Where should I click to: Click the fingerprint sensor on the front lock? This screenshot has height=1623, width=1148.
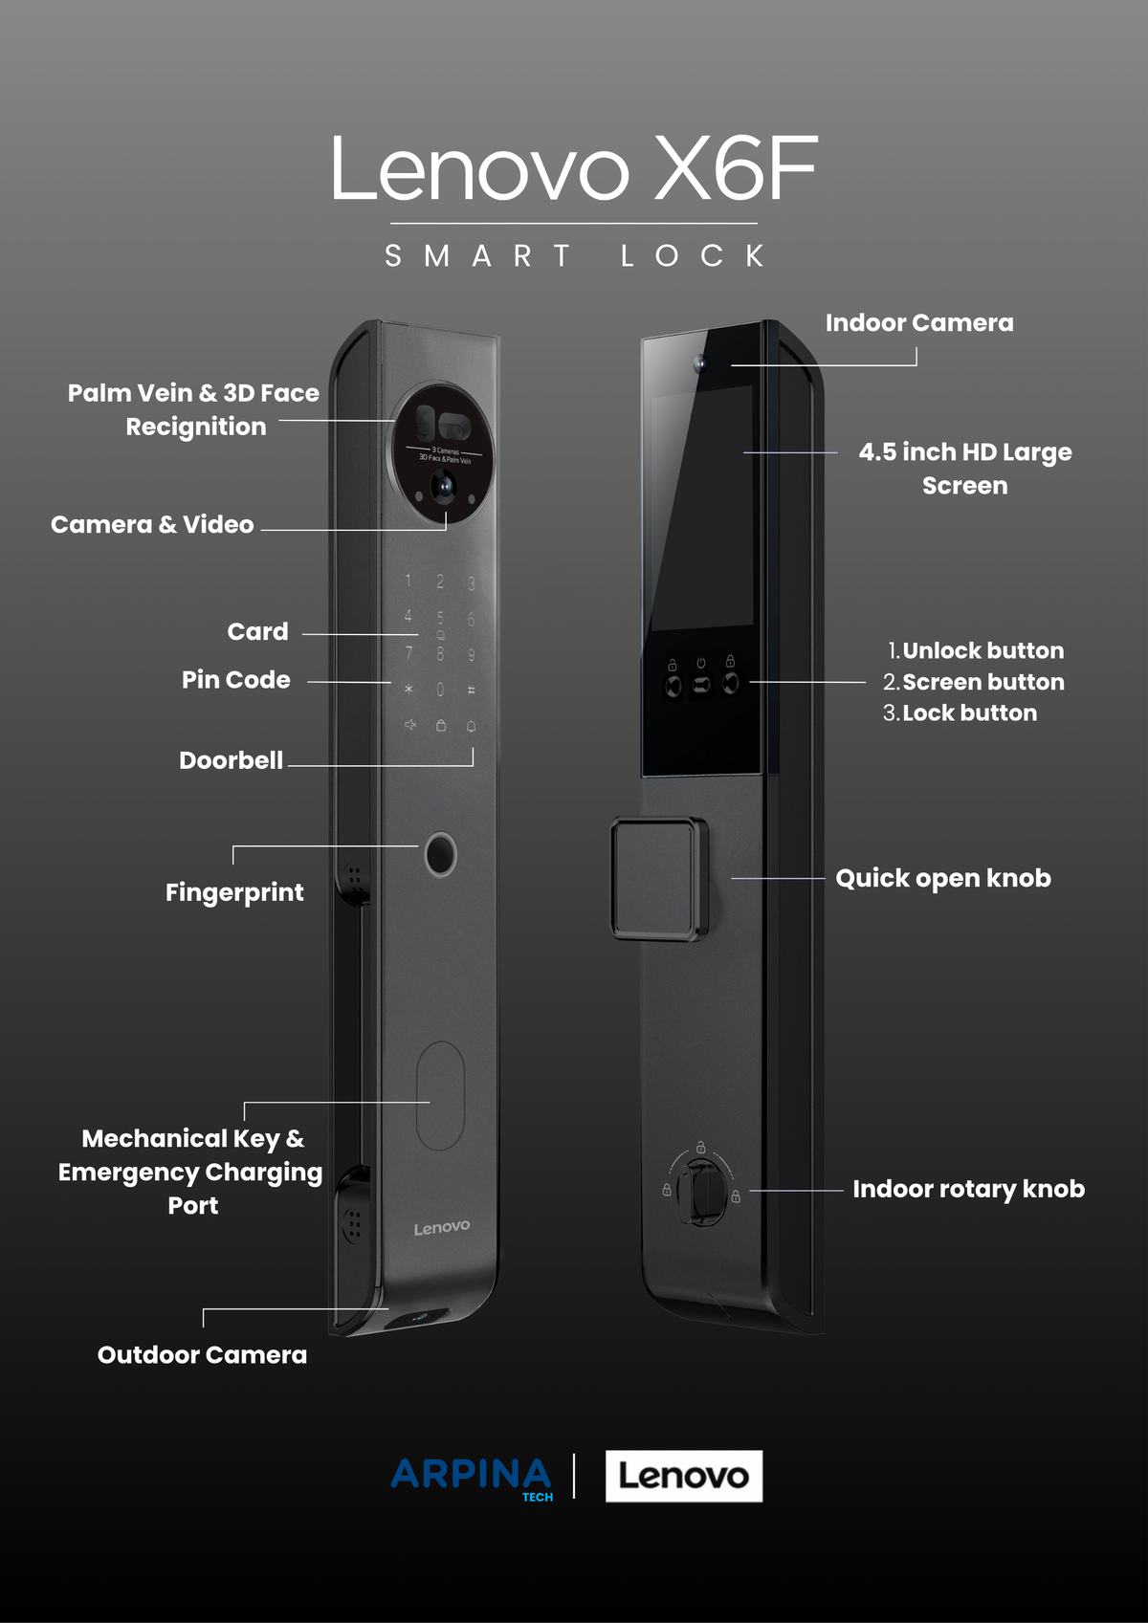[440, 855]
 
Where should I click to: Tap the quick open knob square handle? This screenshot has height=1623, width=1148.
[659, 879]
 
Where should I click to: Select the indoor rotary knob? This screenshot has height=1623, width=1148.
[701, 1192]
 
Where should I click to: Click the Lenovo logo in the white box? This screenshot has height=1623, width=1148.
[683, 1476]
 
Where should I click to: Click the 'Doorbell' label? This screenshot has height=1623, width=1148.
[231, 760]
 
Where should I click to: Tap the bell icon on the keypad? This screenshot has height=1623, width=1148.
[471, 726]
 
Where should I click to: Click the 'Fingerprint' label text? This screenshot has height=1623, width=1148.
[234, 892]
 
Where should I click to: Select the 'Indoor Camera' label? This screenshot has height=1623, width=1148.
[919, 323]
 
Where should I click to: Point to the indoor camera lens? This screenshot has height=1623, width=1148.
[699, 363]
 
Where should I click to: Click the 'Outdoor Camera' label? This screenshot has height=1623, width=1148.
[202, 1355]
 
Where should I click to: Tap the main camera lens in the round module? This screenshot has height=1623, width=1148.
[444, 486]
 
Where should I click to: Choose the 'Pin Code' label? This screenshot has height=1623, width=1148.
[235, 680]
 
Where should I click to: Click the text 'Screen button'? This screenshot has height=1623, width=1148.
[982, 682]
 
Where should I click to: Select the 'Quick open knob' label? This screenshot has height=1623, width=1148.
[943, 879]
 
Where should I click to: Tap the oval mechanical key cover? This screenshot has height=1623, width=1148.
[440, 1095]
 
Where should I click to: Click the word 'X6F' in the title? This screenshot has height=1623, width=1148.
[737, 168]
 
